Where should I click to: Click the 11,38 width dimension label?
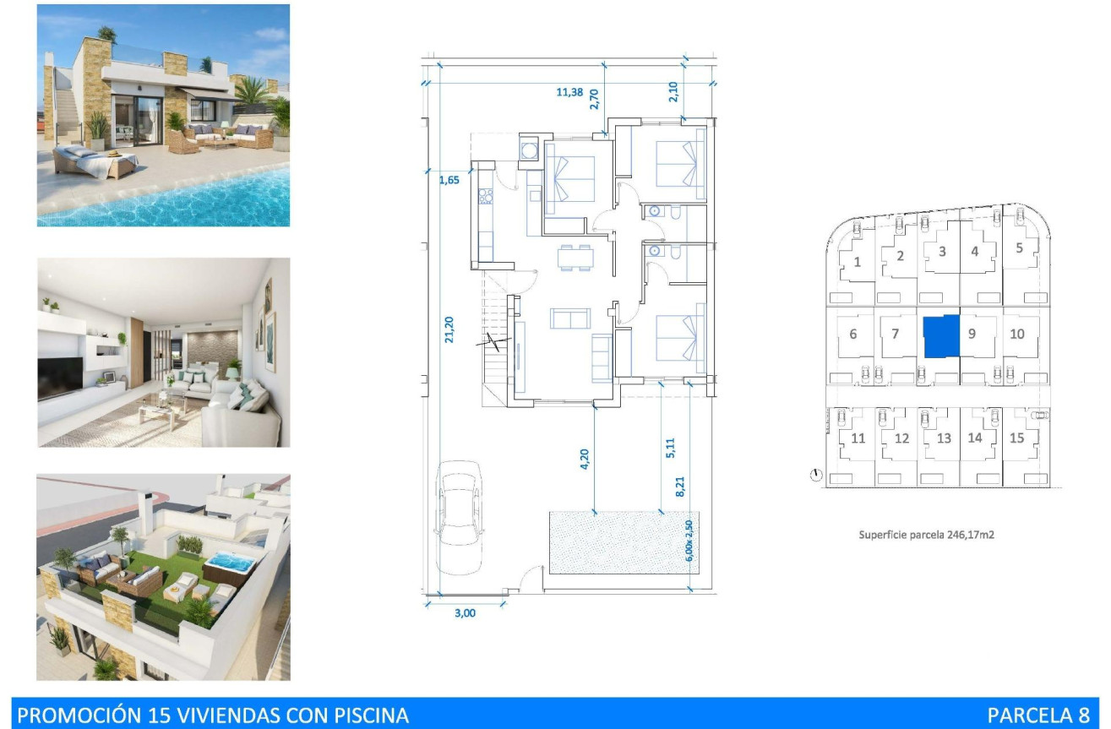[569, 93]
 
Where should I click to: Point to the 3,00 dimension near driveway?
[466, 613]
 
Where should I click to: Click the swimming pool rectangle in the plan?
[619, 541]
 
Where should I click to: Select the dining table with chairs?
[575, 257]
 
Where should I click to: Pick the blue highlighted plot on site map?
[941, 336]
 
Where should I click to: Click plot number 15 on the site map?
[1017, 438]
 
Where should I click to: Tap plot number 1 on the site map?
[858, 262]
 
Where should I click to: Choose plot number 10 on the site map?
[1017, 334]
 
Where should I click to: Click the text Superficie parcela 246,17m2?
[926, 535]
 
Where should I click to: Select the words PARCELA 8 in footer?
[1038, 715]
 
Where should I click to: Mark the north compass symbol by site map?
[815, 476]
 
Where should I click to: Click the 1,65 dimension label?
[449, 179]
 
